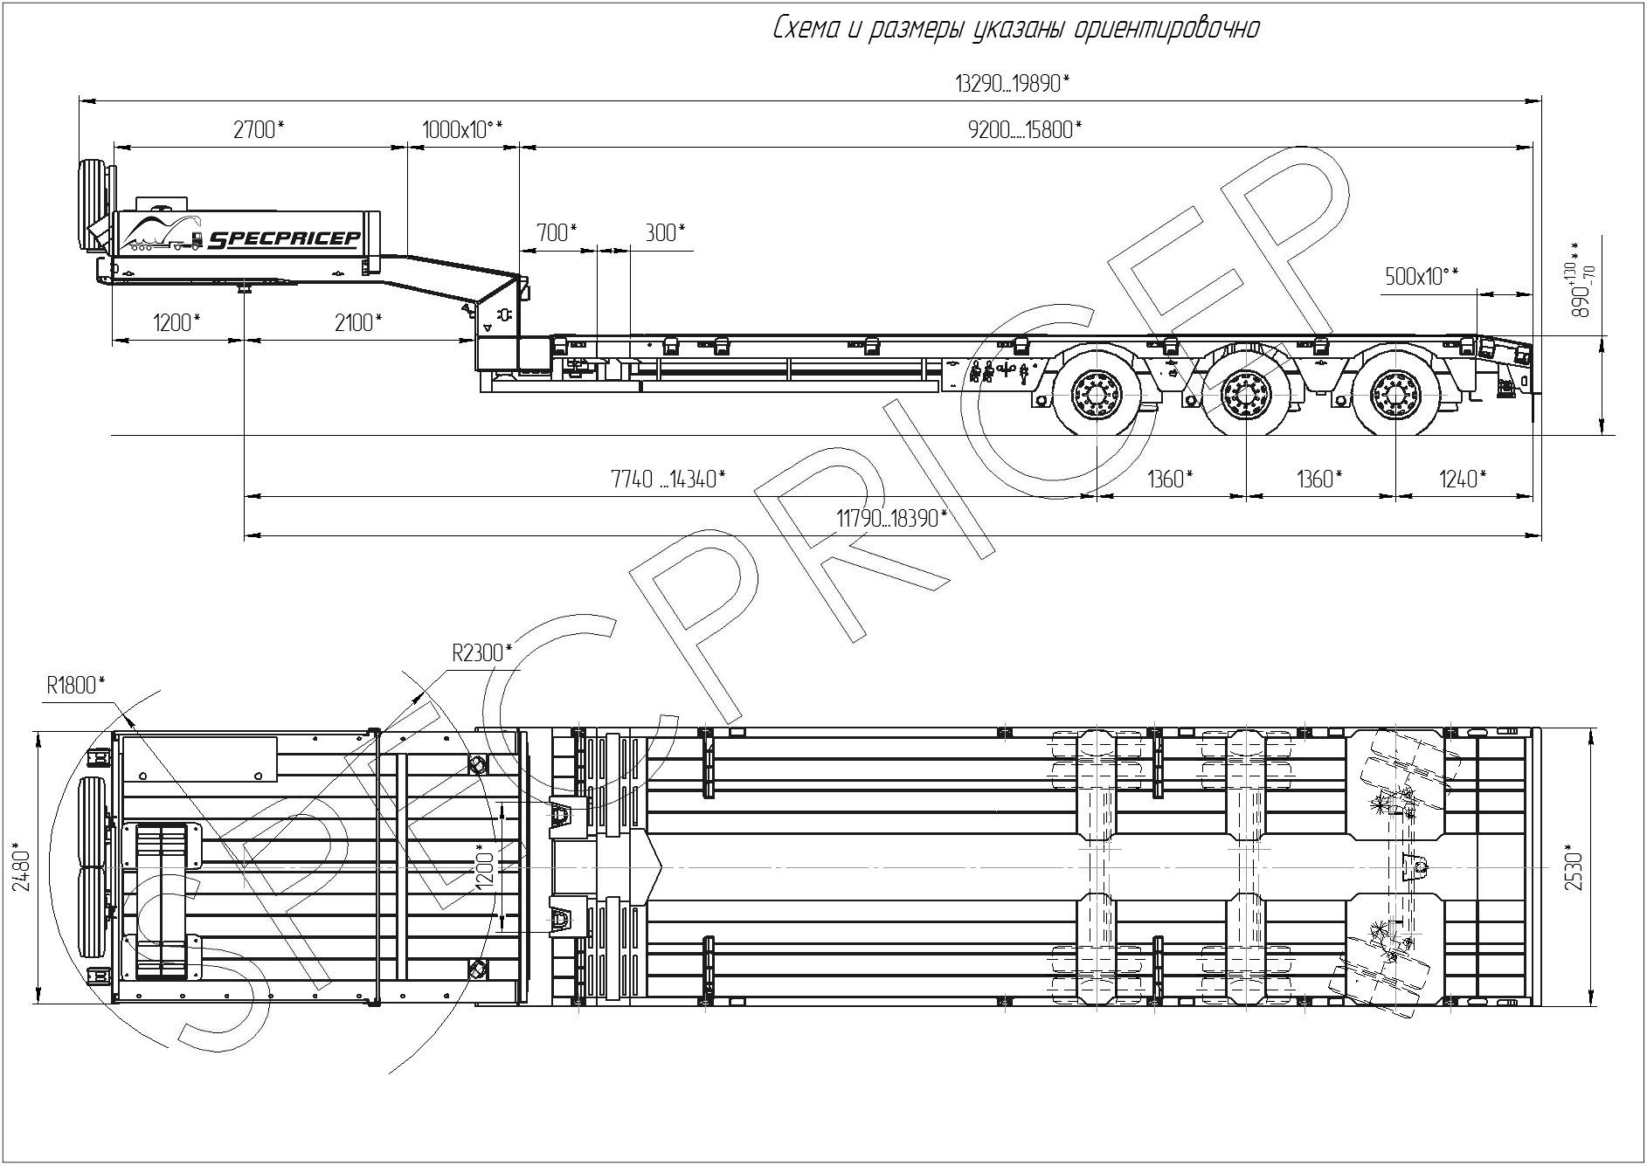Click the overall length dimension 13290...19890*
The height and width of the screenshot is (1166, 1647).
pyautogui.click(x=1013, y=84)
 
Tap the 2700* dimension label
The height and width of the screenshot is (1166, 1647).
pyautogui.click(x=259, y=130)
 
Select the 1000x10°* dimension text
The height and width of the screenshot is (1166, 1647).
pyautogui.click(x=462, y=130)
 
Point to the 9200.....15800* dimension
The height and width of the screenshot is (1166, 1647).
pyautogui.click(x=1025, y=130)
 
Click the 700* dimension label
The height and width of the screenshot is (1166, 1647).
pyautogui.click(x=557, y=232)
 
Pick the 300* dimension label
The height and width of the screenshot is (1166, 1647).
pyautogui.click(x=665, y=232)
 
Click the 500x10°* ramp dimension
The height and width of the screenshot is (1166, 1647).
pyautogui.click(x=1422, y=277)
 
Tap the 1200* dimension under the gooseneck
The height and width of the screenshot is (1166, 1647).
pyautogui.click(x=176, y=322)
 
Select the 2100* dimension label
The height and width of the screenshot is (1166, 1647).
pyautogui.click(x=358, y=322)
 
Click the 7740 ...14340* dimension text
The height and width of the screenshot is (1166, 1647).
pyautogui.click(x=668, y=479)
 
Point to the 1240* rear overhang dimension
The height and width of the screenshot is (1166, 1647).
pyautogui.click(x=1462, y=479)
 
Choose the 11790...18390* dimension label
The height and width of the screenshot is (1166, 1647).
pyautogui.click(x=892, y=518)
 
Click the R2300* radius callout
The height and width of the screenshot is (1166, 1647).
pyautogui.click(x=481, y=652)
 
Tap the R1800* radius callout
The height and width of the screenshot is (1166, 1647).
pyautogui.click(x=76, y=686)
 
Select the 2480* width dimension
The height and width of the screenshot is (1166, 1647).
pyautogui.click(x=23, y=868)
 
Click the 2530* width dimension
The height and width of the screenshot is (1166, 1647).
pyautogui.click(x=1574, y=866)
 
